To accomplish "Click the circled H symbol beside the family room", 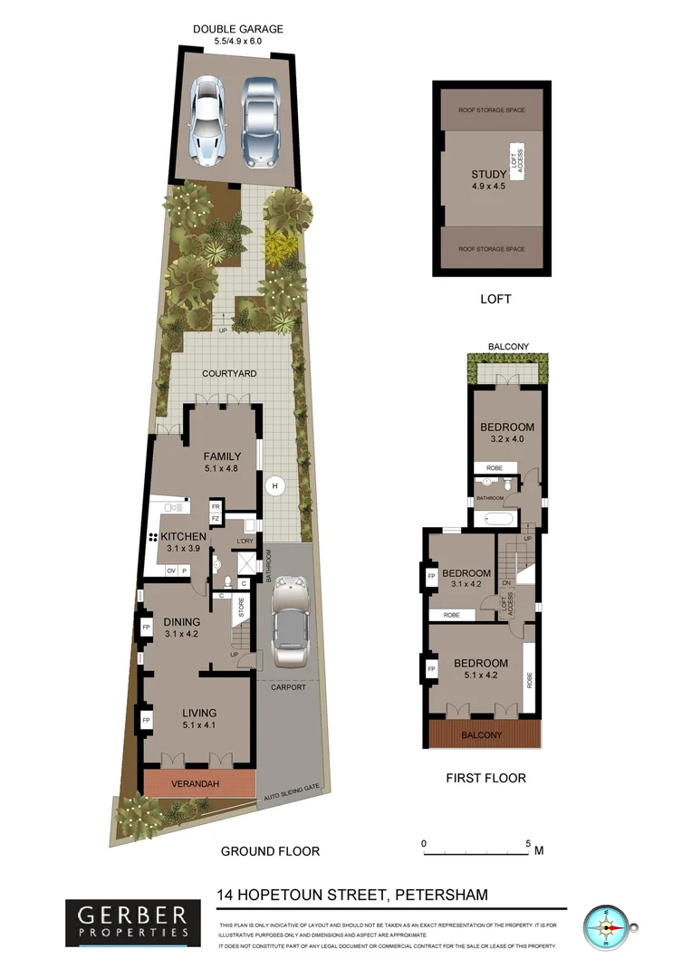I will pyautogui.click(x=274, y=486).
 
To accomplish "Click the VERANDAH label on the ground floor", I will pyautogui.click(x=199, y=783).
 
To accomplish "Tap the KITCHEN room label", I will pyautogui.click(x=185, y=537).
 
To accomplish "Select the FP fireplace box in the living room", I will pyautogui.click(x=145, y=721).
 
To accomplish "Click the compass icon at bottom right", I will pyautogui.click(x=606, y=928).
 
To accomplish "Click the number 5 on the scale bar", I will pyautogui.click(x=529, y=842).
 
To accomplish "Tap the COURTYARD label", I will pyautogui.click(x=229, y=373).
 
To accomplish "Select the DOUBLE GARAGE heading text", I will pyautogui.click(x=238, y=29).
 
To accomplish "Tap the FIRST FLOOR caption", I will pyautogui.click(x=485, y=777).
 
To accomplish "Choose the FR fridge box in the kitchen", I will pyautogui.click(x=216, y=506).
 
